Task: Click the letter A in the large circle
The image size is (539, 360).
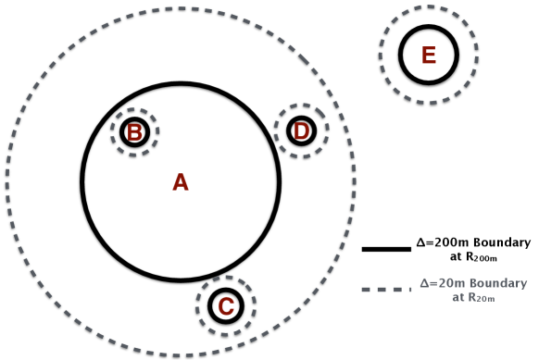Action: point(181,182)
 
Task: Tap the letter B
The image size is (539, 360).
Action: point(134,133)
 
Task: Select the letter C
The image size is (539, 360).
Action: point(224,304)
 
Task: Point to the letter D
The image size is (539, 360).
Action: point(301,132)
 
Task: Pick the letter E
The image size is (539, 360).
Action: point(428,56)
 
